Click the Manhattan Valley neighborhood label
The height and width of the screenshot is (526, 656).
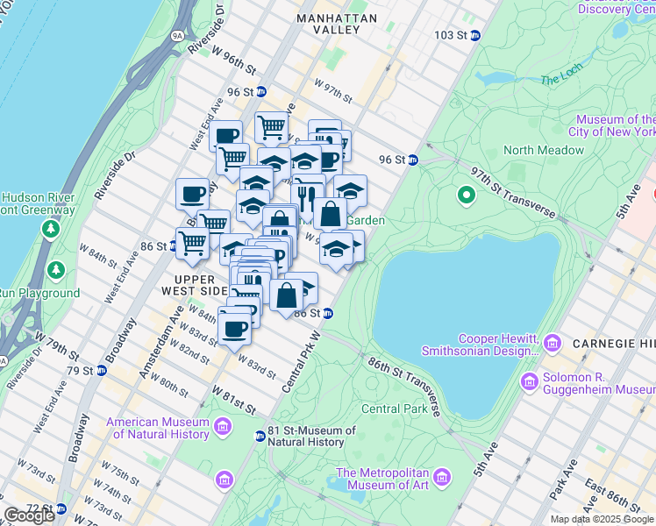337,24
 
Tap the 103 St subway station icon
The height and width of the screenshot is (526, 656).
475,36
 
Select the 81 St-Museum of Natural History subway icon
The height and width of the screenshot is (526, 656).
260,437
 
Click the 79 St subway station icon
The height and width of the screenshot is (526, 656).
102,371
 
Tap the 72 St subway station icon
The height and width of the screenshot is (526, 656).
61,508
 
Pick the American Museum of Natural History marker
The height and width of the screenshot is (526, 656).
223,428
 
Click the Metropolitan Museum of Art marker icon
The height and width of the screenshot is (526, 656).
446,478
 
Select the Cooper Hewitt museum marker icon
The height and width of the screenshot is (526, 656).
553,341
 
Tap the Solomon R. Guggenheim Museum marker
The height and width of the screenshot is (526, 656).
530,381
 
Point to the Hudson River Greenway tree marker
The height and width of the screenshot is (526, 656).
51,230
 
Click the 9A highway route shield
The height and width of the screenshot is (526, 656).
177,36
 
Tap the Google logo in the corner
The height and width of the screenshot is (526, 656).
29,515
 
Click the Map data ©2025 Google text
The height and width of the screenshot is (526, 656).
602,519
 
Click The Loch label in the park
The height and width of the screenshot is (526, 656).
562,79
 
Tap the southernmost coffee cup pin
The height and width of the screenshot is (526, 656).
234,331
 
